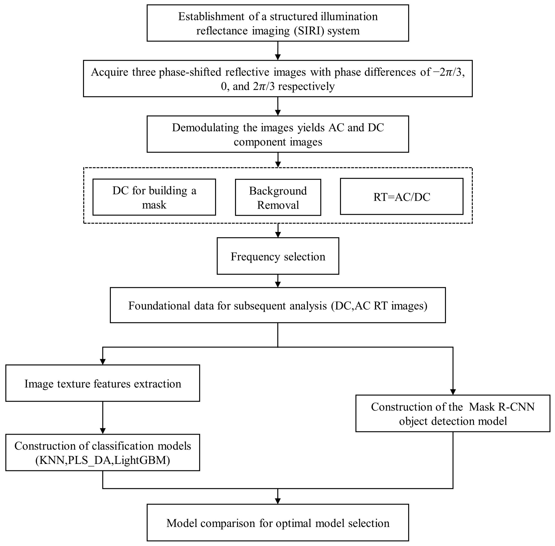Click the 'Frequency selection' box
278,256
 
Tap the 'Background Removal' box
278,197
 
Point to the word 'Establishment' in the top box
212,17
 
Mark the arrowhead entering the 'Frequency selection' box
278,235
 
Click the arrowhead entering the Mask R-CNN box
453,392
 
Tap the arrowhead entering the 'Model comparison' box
278,501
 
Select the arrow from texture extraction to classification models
103,418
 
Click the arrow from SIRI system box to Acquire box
278,51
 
